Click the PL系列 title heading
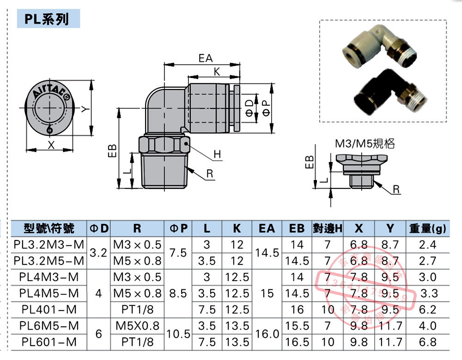[x=47, y=19]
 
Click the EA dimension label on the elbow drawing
[x=206, y=59]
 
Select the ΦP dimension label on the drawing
[x=267, y=108]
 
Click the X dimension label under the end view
[x=51, y=144]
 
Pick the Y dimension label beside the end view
[x=84, y=109]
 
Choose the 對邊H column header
[x=328, y=228]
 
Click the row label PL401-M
[x=49, y=309]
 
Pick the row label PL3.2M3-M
[x=49, y=245]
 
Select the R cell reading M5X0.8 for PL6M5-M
[x=138, y=326]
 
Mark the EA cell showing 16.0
[x=267, y=334]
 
